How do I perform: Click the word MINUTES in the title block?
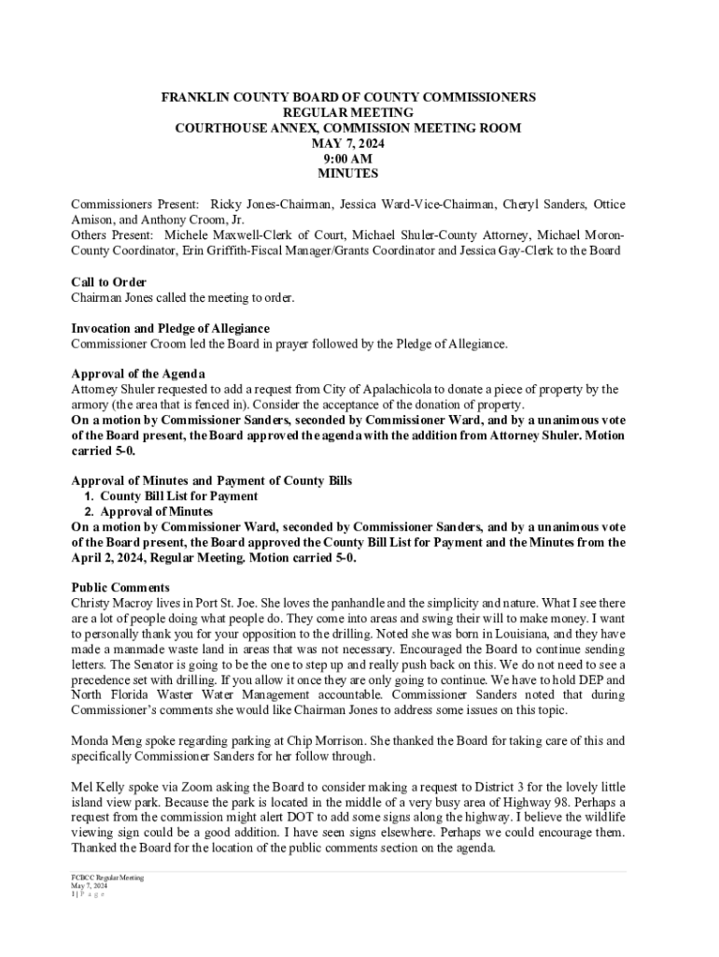click(x=347, y=174)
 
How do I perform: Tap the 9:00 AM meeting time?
click(x=347, y=159)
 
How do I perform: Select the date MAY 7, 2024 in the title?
click(x=347, y=144)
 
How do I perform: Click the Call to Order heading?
click(x=108, y=282)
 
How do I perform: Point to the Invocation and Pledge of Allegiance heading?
click(x=171, y=329)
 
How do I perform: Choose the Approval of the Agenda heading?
click(x=138, y=375)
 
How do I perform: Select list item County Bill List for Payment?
click(x=178, y=496)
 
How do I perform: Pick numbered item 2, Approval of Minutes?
click(x=156, y=512)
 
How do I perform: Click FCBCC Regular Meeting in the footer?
click(x=107, y=878)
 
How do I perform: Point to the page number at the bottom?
click(x=74, y=895)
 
